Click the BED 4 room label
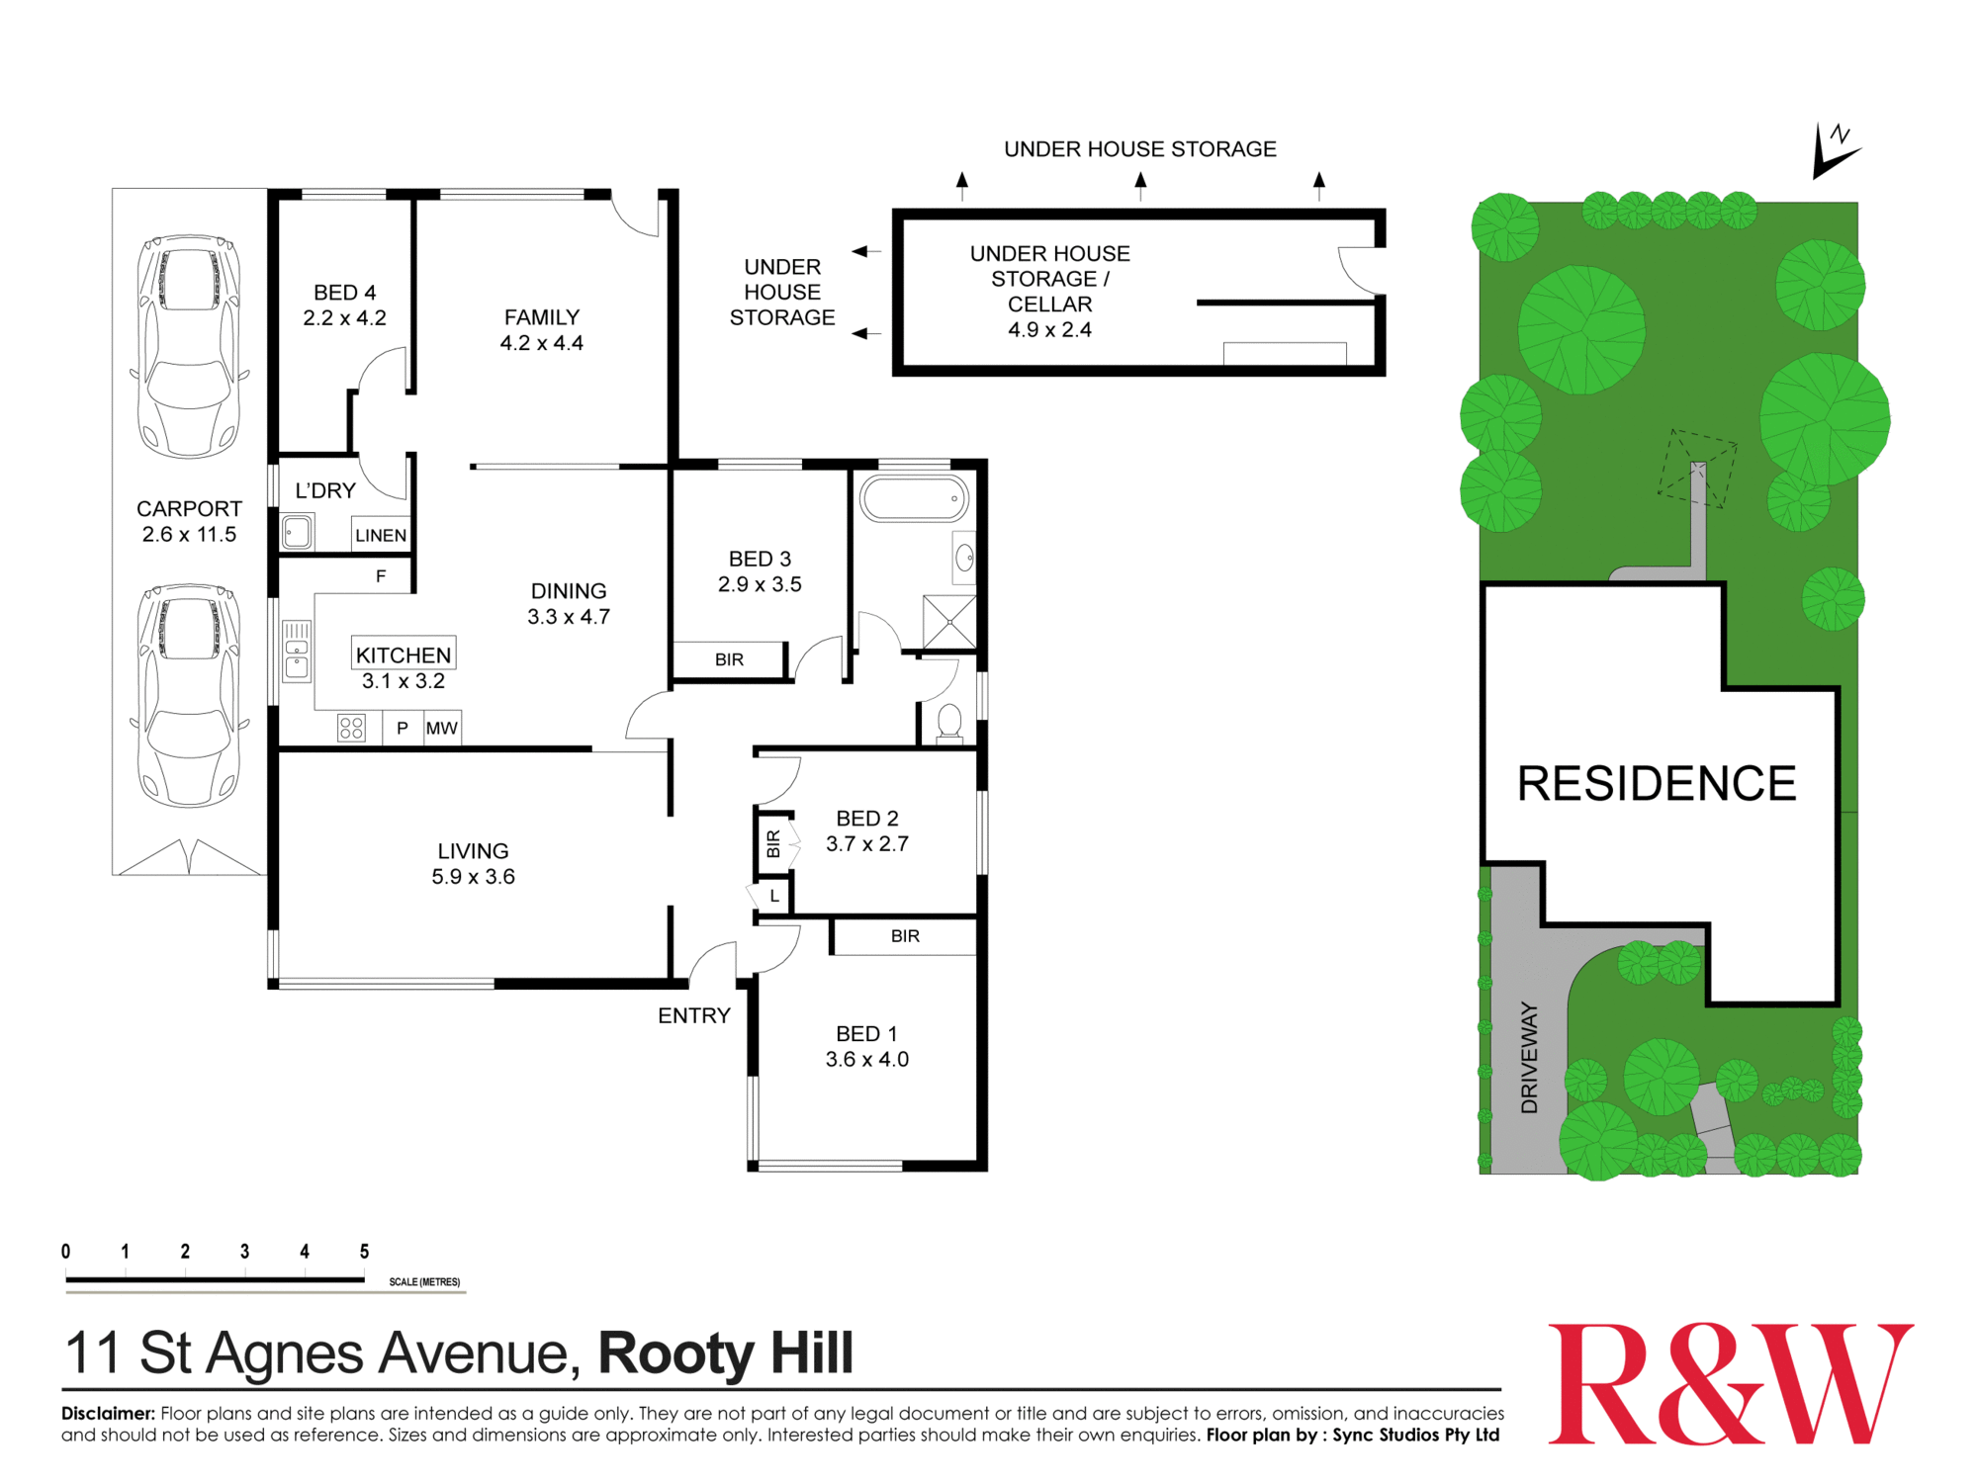pyautogui.click(x=344, y=294)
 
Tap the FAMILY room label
pyautogui.click(x=541, y=317)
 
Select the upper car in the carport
pyautogui.click(x=189, y=346)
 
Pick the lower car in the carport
pyautogui.click(x=189, y=695)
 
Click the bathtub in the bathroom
pyautogui.click(x=914, y=498)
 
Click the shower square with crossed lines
pyautogui.click(x=949, y=621)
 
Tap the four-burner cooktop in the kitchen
pyautogui.click(x=351, y=729)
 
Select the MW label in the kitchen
pyautogui.click(x=441, y=729)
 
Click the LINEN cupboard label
pyautogui.click(x=381, y=535)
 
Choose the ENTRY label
pyautogui.click(x=694, y=1015)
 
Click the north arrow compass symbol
pyautogui.click(x=1833, y=151)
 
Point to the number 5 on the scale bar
pyautogui.click(x=364, y=1252)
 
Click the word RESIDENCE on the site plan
pyautogui.click(x=1657, y=783)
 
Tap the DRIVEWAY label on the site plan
pyautogui.click(x=1529, y=1057)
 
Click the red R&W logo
pyautogui.click(x=1730, y=1384)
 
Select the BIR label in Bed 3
pyautogui.click(x=729, y=659)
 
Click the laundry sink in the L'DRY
pyautogui.click(x=297, y=533)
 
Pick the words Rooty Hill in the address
pyautogui.click(x=726, y=1353)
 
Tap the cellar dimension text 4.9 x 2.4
pyautogui.click(x=1049, y=330)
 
